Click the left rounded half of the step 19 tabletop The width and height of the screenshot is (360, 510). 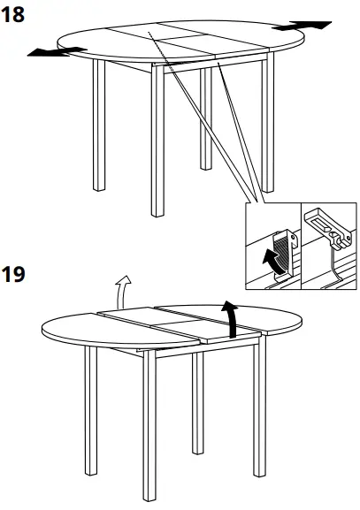click(80, 331)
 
